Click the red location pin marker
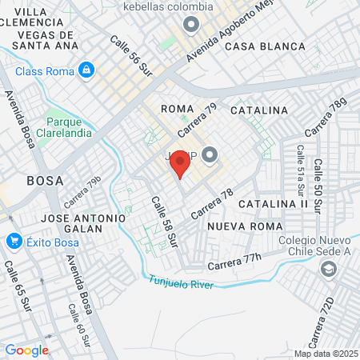click(181, 165)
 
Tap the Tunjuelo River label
click(179, 282)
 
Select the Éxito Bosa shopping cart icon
click(13, 240)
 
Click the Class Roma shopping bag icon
click(86, 71)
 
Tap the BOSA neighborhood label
click(45, 180)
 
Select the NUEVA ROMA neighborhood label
click(241, 226)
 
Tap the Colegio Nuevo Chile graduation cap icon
click(328, 270)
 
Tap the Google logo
click(26, 350)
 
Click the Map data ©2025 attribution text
click(325, 354)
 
